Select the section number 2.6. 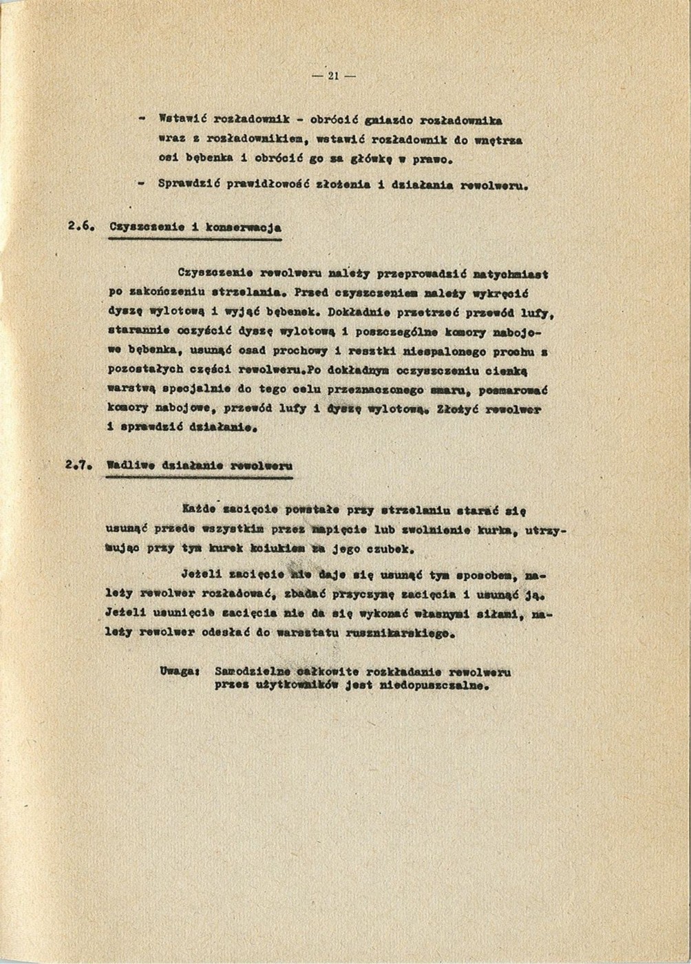(x=81, y=226)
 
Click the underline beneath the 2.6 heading (x=195, y=239)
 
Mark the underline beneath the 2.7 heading (x=200, y=477)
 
